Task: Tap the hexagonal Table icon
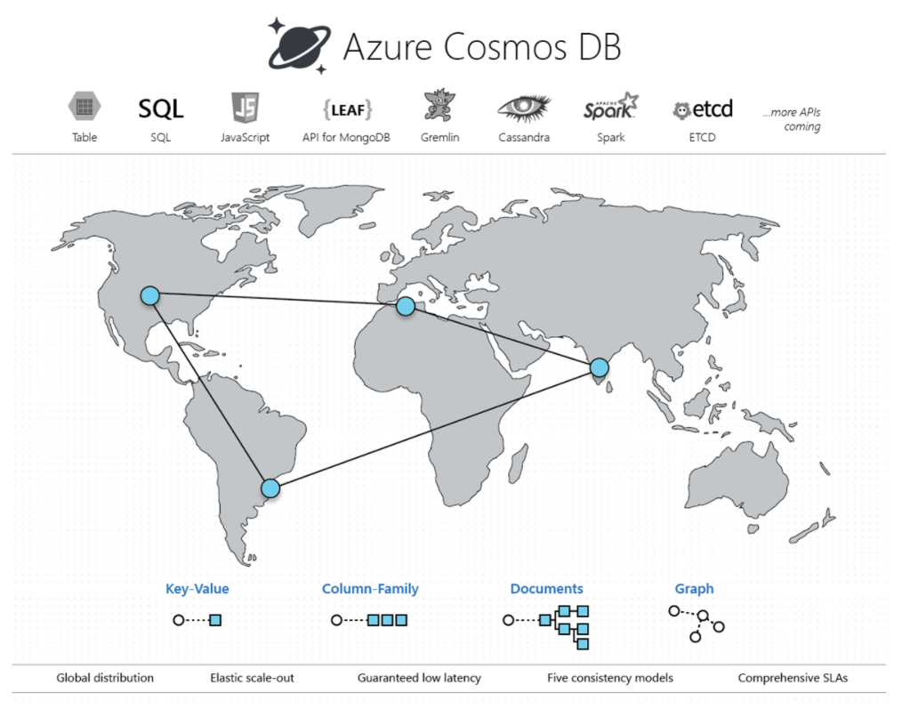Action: (x=85, y=108)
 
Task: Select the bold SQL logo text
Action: (x=160, y=109)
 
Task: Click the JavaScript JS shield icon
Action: (x=245, y=109)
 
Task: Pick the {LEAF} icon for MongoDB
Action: (x=346, y=109)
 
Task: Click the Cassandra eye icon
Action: (x=523, y=109)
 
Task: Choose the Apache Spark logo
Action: (x=610, y=108)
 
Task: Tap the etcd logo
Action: (x=703, y=109)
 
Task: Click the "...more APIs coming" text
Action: (x=791, y=120)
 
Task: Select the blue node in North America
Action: (x=149, y=295)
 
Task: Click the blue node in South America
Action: (x=270, y=487)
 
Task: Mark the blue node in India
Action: (x=599, y=367)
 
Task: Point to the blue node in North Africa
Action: (x=406, y=306)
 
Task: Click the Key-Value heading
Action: (x=197, y=589)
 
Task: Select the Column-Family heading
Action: (x=370, y=589)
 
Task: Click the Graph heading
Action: (x=694, y=589)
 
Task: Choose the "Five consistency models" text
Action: (x=609, y=678)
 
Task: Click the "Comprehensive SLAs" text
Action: (x=793, y=678)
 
